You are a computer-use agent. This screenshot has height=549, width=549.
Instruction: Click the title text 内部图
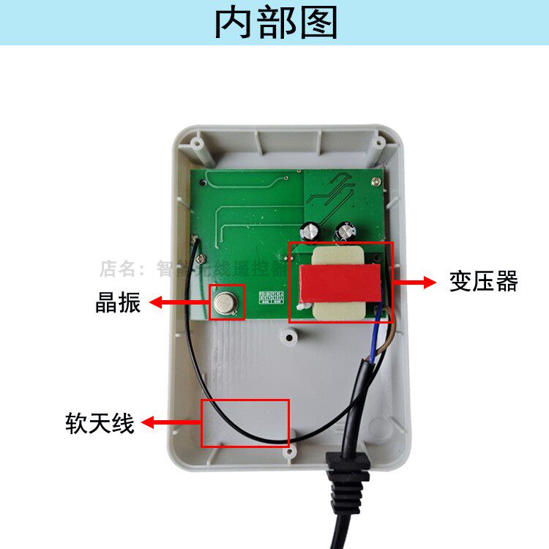click(x=275, y=23)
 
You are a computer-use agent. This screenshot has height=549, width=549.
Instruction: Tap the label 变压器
click(x=483, y=281)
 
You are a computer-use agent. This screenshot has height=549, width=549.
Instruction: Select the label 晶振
click(x=118, y=303)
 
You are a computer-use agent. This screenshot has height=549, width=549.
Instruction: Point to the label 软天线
click(x=100, y=423)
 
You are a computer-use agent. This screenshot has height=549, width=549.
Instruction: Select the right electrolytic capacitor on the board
click(x=344, y=231)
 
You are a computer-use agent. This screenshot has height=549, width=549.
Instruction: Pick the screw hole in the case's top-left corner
click(x=196, y=143)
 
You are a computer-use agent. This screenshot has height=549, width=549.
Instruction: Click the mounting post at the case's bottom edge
click(x=291, y=452)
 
